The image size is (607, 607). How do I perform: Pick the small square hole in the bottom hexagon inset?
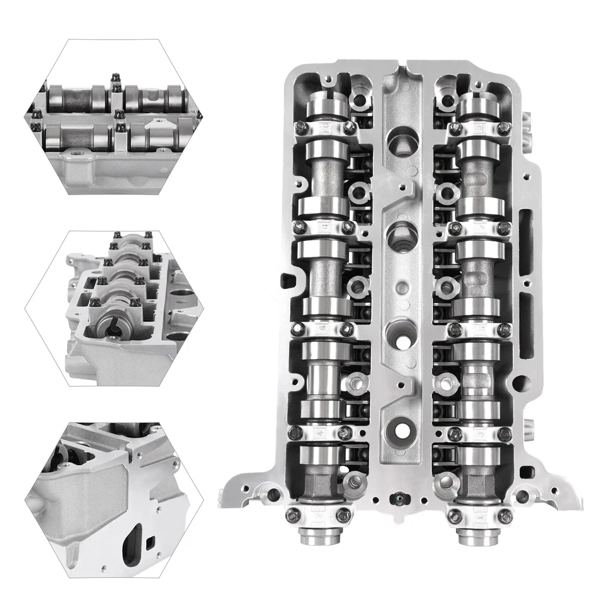pos(150,541)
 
